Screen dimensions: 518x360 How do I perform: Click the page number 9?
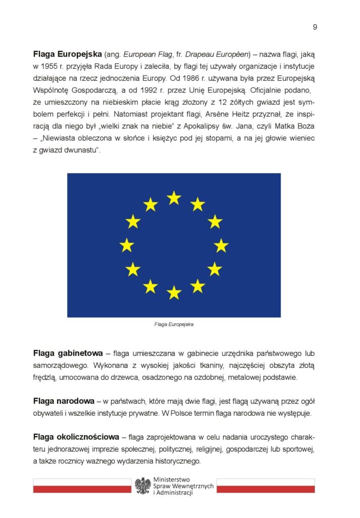point(315,27)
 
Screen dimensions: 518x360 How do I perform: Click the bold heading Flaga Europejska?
point(67,53)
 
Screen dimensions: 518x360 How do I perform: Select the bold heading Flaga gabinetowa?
point(68,353)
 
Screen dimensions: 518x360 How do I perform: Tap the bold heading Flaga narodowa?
point(64,401)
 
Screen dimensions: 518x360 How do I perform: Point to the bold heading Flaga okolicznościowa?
point(76,437)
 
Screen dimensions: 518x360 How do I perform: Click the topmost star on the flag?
point(174,198)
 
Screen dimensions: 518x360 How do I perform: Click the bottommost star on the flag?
point(174,292)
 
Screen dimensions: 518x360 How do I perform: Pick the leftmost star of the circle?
point(127,245)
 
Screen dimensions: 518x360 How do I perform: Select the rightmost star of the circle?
point(221,245)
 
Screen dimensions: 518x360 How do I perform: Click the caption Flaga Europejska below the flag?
point(174,325)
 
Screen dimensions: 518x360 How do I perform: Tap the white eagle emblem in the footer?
point(143,486)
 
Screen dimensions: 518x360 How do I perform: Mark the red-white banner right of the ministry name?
point(265,486)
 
